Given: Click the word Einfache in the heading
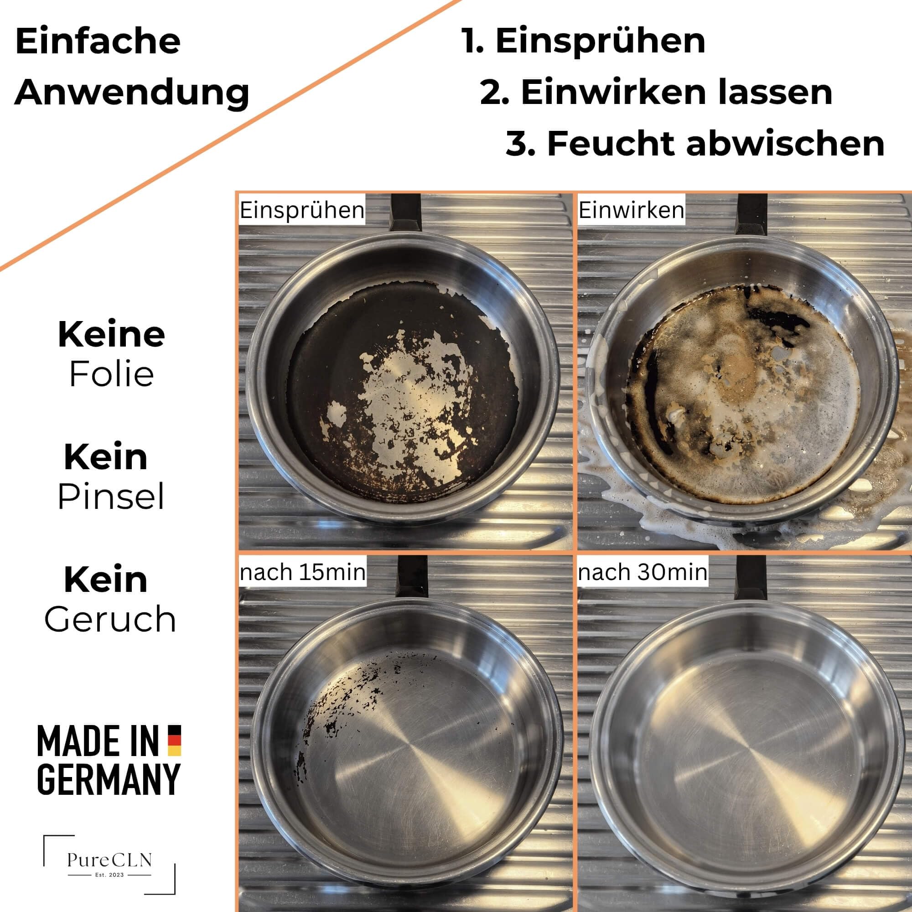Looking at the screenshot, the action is coord(98,41).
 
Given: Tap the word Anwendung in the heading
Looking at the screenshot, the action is coord(132,93).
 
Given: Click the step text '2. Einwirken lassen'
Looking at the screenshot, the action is coord(656,93).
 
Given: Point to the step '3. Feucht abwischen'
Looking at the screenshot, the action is coord(695,144).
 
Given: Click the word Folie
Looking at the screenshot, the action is coord(112,375).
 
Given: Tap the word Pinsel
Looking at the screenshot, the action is coord(111,497).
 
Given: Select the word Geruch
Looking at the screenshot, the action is coord(110,619).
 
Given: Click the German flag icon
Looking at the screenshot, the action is coord(175,740).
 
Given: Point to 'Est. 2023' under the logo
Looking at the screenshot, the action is coord(109,875).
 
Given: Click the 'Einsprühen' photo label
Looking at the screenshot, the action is coord(302,210).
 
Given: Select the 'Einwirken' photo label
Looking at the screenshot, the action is coord(631,210).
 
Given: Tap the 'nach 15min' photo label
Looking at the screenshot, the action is coord(303,573).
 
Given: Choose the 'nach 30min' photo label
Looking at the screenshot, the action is coord(643,573).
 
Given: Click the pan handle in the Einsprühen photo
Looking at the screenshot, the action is coord(405,212).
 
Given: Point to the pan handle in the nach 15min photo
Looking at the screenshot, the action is coord(412,576).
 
